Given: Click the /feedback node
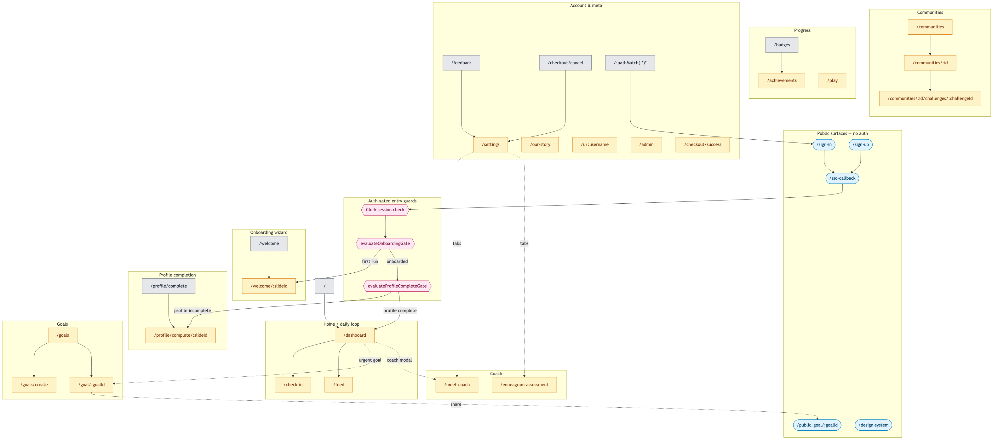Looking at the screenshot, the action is (461, 63).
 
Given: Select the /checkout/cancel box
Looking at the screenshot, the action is (565, 63).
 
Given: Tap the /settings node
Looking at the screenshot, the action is (490, 145).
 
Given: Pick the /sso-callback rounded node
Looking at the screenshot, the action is (842, 178).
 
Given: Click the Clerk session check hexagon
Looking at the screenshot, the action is (385, 210).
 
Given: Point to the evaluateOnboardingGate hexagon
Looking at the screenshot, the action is (385, 243).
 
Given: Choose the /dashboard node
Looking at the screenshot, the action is (354, 335).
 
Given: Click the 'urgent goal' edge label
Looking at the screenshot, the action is (370, 360).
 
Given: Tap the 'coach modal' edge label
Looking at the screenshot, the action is (399, 360).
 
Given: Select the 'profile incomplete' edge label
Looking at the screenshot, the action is (192, 311).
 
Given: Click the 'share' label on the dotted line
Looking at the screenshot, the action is (456, 404).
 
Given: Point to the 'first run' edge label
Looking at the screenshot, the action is (370, 261).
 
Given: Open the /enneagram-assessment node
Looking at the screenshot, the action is (524, 385).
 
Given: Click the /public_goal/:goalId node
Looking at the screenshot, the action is (817, 425).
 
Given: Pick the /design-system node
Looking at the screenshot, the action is (873, 425).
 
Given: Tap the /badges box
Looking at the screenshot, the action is (782, 45).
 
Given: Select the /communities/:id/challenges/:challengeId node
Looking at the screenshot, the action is (930, 98).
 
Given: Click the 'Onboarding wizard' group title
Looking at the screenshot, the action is (269, 233).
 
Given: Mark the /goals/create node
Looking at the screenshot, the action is (34, 385).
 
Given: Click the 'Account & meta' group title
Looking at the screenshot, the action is (586, 5).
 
